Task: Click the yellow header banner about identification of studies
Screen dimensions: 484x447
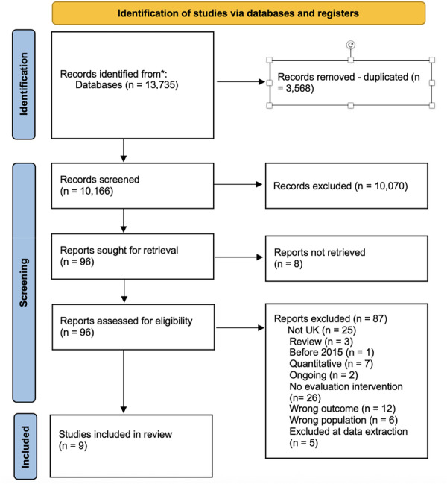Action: click(238, 13)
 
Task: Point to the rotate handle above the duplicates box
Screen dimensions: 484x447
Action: click(351, 45)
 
